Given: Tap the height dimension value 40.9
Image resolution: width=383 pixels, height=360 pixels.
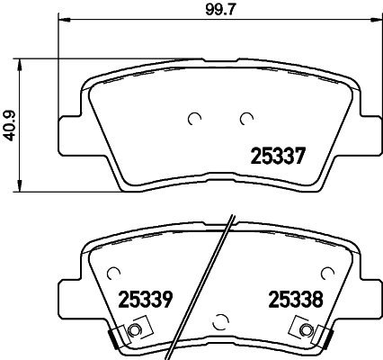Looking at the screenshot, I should coord(9,123).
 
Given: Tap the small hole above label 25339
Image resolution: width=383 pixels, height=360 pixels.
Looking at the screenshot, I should coord(112,271).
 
